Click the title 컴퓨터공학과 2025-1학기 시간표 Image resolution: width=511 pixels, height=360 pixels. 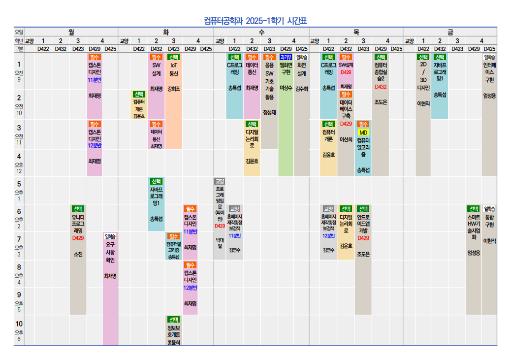click(255, 21)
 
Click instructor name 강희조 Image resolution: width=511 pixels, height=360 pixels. click(174, 89)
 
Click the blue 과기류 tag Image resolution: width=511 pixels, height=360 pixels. click(286, 57)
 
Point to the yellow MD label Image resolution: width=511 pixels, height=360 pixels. click(363, 132)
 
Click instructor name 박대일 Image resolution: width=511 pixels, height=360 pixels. click(220, 242)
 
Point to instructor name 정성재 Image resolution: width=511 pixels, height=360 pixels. click(269, 112)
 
